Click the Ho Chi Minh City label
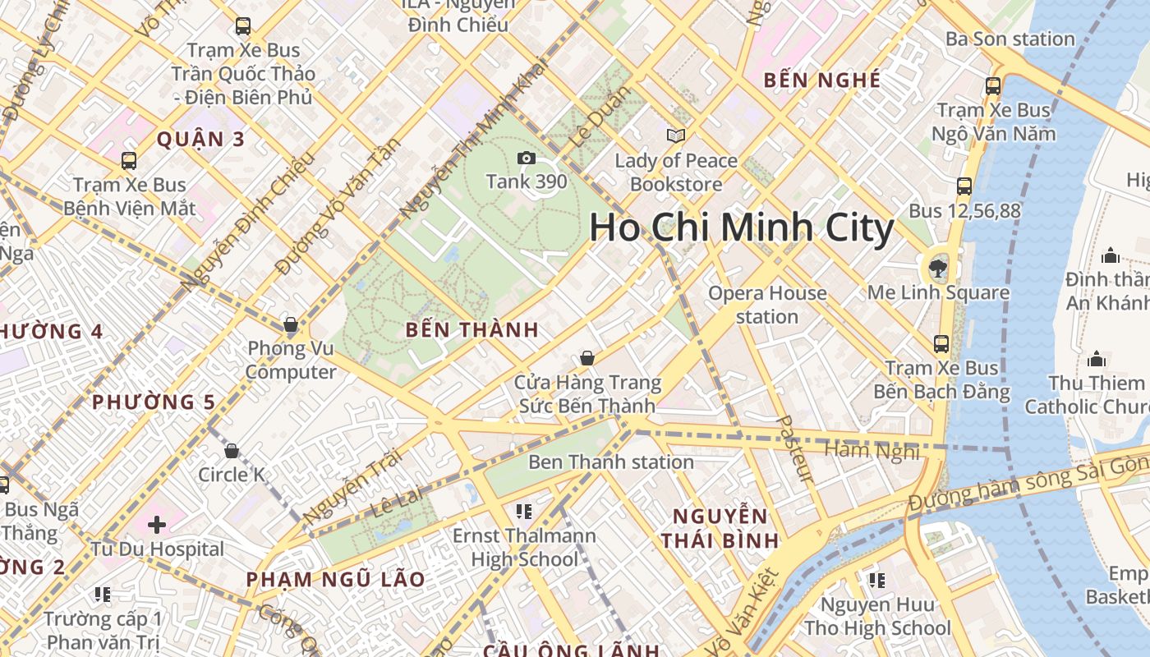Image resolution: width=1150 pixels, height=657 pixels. point(741,227)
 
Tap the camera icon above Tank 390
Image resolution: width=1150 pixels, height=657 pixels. point(526,158)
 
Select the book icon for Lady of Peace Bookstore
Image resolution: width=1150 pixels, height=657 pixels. point(676,136)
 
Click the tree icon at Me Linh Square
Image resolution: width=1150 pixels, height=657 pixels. point(936,267)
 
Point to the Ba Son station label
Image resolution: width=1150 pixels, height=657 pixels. point(1010,39)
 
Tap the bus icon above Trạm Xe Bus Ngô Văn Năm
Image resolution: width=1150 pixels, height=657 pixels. point(993,85)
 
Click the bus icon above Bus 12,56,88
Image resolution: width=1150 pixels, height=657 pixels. point(964,186)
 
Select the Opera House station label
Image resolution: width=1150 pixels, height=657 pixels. point(767,305)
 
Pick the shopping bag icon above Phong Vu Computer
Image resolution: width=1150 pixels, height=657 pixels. point(290,324)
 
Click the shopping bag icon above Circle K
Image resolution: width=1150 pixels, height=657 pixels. point(232,451)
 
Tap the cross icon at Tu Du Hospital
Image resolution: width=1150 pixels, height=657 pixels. point(157,524)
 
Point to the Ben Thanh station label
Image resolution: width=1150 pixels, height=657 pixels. point(611,462)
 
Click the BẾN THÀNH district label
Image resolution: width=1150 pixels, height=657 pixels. point(472,330)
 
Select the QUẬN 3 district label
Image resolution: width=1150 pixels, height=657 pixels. point(200,139)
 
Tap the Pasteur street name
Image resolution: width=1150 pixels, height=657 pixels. point(794,448)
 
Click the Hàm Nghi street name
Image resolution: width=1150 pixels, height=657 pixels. point(859,450)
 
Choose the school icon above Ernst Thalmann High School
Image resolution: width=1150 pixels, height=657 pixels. point(524,512)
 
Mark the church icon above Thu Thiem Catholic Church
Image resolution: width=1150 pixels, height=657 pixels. point(1096,359)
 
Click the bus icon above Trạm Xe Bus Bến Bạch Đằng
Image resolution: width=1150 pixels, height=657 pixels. point(941,344)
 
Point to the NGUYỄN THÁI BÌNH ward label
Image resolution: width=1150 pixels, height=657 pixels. point(720,528)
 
